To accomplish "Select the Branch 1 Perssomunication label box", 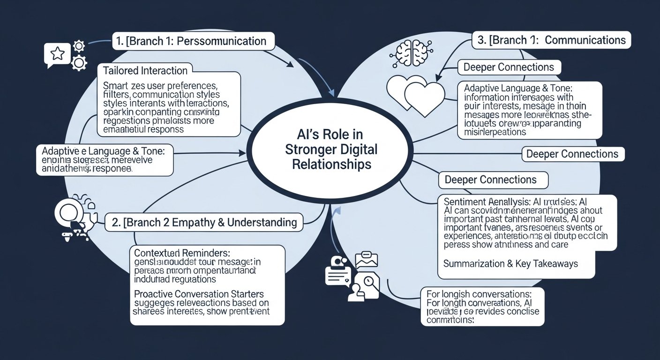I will [x=193, y=41].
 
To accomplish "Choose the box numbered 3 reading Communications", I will [x=551, y=40].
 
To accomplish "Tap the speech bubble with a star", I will [x=56, y=54].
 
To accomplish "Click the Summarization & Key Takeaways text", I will [x=510, y=264].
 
